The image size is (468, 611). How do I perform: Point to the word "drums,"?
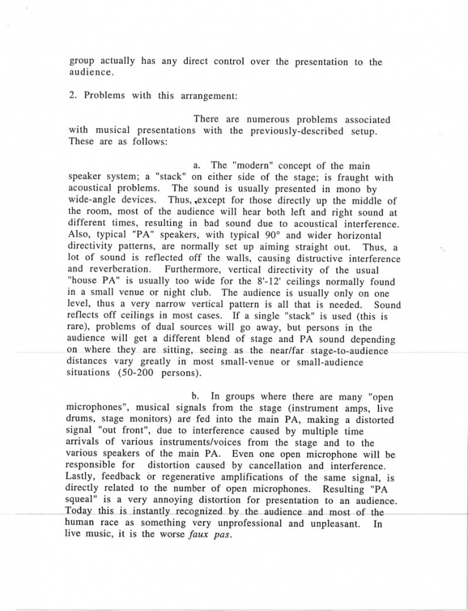tap(84, 420)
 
